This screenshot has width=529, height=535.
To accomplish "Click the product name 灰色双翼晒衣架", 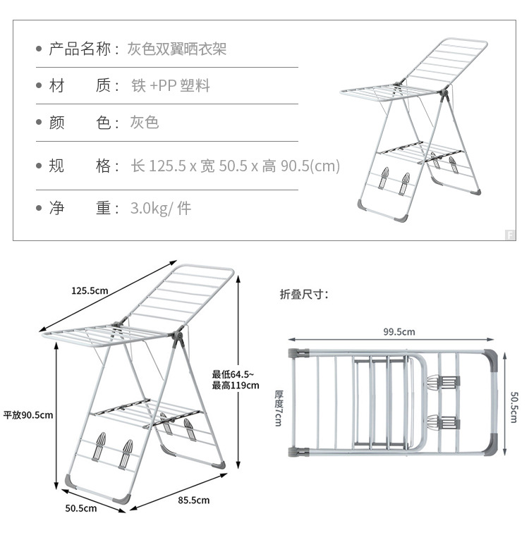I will point(176,49).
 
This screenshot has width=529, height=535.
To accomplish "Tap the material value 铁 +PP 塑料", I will point(170,86).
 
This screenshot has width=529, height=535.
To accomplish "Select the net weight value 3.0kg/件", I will point(160,209).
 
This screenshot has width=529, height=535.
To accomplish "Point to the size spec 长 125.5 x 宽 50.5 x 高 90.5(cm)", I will point(236,166).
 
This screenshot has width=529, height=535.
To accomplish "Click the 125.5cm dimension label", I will point(90,291).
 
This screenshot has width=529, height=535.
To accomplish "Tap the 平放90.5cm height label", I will point(28,414).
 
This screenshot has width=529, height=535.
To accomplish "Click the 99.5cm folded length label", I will point(399,332).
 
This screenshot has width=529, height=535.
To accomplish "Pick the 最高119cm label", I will point(236,386).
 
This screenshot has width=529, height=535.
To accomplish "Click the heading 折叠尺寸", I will point(304,295).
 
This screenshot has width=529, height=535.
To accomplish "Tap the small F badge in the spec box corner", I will point(509,235).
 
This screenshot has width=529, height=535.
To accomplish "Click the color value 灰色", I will point(144,123).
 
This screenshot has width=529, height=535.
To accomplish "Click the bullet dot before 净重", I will point(39,209).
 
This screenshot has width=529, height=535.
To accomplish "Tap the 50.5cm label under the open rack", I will point(81,508).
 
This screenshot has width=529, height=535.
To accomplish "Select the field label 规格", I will point(79,166).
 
